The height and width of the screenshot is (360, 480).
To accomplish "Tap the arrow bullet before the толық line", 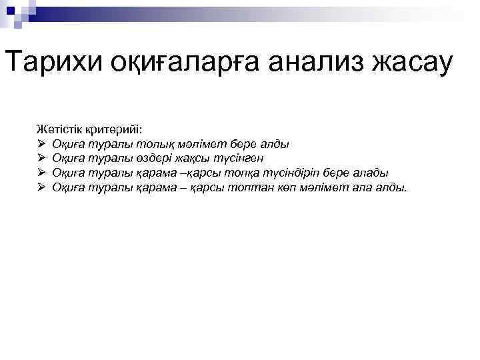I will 41,143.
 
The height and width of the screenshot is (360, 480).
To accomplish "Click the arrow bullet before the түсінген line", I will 41,158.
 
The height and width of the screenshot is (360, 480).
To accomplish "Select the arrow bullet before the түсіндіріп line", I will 41,173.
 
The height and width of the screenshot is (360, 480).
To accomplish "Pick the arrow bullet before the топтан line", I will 41,188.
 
